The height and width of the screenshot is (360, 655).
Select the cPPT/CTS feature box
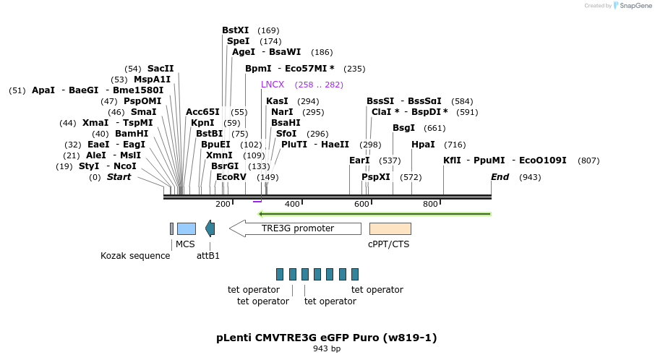pyautogui.click(x=390, y=228)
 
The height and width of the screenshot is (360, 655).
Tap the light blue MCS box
pyautogui.click(x=187, y=228)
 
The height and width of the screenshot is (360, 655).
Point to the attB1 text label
pyautogui.click(x=208, y=255)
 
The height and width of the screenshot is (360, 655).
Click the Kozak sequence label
pyautogui.click(x=135, y=255)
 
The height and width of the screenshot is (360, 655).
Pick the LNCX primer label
pyautogui.click(x=273, y=85)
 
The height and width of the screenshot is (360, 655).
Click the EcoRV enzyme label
pyautogui.click(x=231, y=177)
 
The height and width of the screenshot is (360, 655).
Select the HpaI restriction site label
pyautogui.click(x=423, y=145)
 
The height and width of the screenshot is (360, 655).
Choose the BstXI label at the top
pyautogui.click(x=235, y=30)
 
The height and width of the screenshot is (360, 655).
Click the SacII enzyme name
pyautogui.click(x=160, y=69)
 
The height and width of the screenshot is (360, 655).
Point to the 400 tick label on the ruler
pyautogui.click(x=292, y=205)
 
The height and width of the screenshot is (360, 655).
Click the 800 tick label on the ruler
pyautogui.click(x=430, y=205)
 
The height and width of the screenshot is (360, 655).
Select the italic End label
pyautogui.click(x=500, y=177)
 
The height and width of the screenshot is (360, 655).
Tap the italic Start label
pyautogui.click(x=119, y=177)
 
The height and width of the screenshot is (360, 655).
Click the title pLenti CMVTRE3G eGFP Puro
pyautogui.click(x=326, y=338)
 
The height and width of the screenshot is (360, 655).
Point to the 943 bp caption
pyautogui.click(x=327, y=349)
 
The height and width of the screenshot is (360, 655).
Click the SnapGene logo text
pyautogui.click(x=636, y=6)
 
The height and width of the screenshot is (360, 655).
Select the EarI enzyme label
pyautogui.click(x=359, y=160)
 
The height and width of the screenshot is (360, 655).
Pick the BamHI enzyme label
pyautogui.click(x=132, y=134)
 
